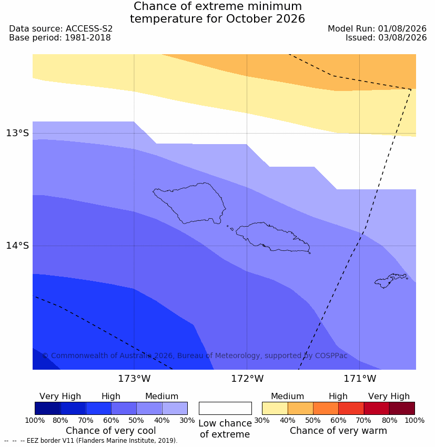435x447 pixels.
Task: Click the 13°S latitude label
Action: click(17, 133)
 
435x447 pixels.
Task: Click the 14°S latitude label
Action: click(17, 246)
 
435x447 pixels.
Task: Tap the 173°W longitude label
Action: click(134, 379)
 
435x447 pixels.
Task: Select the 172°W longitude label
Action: click(247, 379)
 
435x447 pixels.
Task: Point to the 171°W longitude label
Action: click(360, 379)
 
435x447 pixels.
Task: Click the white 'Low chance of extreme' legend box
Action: click(225, 408)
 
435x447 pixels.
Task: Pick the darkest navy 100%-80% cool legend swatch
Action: click(48, 408)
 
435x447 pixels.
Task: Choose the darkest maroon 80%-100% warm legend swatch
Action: click(402, 408)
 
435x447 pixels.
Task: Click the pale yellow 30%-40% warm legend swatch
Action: click(275, 408)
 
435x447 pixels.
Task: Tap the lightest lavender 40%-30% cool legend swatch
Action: click(175, 408)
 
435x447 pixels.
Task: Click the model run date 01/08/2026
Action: click(402, 29)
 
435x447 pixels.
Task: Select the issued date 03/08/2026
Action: click(402, 38)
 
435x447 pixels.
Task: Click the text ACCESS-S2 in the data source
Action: click(89, 29)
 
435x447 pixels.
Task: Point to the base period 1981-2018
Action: click(88, 38)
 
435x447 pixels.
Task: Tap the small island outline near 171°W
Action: click(390, 280)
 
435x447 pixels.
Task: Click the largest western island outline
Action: click(189, 203)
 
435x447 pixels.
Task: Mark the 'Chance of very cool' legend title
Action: click(111, 431)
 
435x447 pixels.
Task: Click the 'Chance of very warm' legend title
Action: click(338, 431)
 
